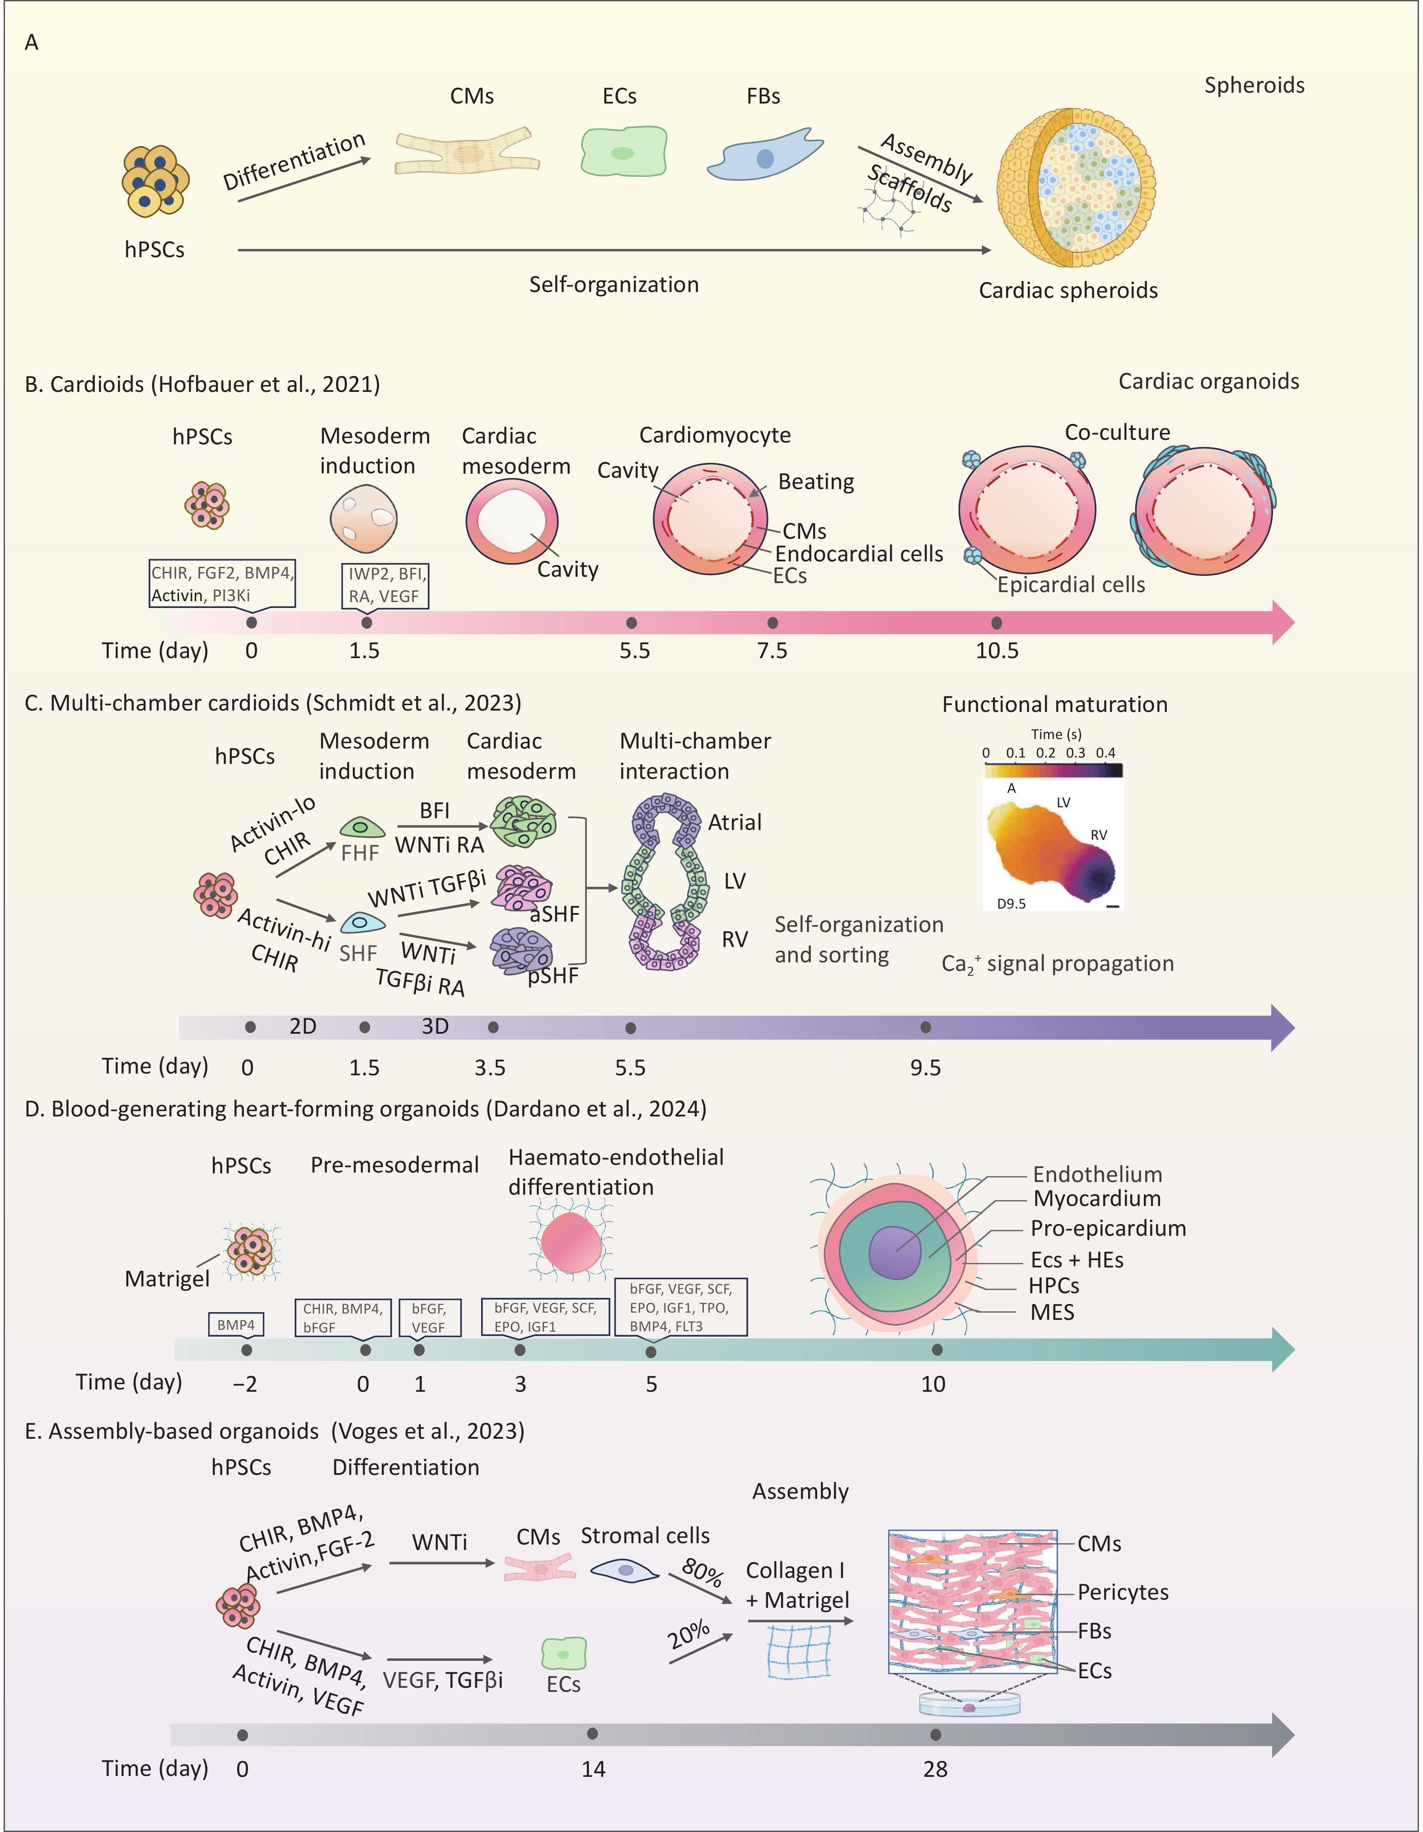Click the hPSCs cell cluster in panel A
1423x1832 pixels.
click(155, 180)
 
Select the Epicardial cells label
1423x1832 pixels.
click(1071, 584)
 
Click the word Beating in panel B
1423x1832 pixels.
click(816, 481)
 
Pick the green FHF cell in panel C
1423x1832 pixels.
click(361, 828)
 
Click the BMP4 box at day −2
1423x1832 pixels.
click(236, 1324)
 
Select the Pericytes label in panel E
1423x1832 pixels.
click(1122, 1592)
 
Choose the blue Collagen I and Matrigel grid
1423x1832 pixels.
click(798, 1651)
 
